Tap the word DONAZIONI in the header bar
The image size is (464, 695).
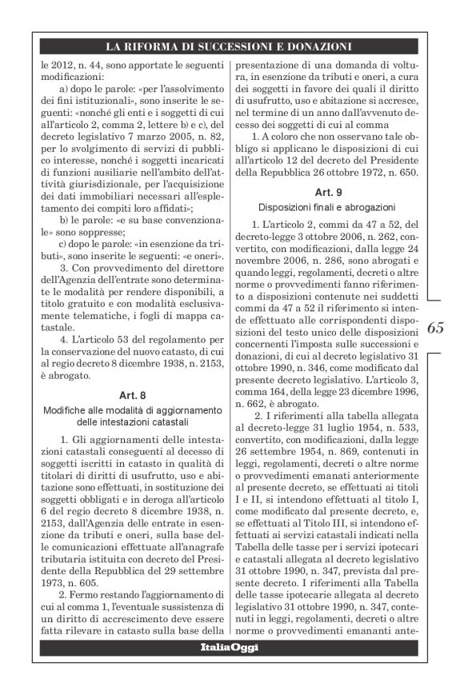pyautogui.click(x=316, y=46)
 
